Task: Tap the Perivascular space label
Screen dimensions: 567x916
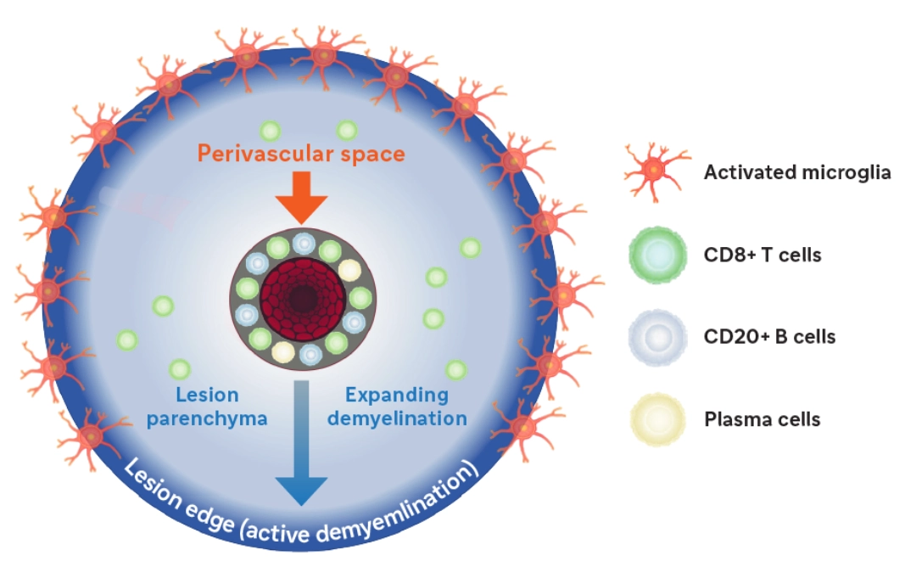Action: click(x=300, y=154)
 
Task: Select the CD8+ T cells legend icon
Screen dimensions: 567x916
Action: click(x=656, y=254)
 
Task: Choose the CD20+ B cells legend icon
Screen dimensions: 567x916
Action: click(x=656, y=337)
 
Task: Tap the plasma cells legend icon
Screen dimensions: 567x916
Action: click(x=656, y=419)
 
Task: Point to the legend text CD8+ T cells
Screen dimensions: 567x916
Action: click(x=762, y=255)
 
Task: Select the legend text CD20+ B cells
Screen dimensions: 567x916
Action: click(x=769, y=337)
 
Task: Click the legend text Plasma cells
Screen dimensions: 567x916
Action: click(x=762, y=419)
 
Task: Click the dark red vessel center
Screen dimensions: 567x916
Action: click(x=300, y=298)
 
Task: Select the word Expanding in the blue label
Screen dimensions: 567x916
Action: click(x=397, y=395)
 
